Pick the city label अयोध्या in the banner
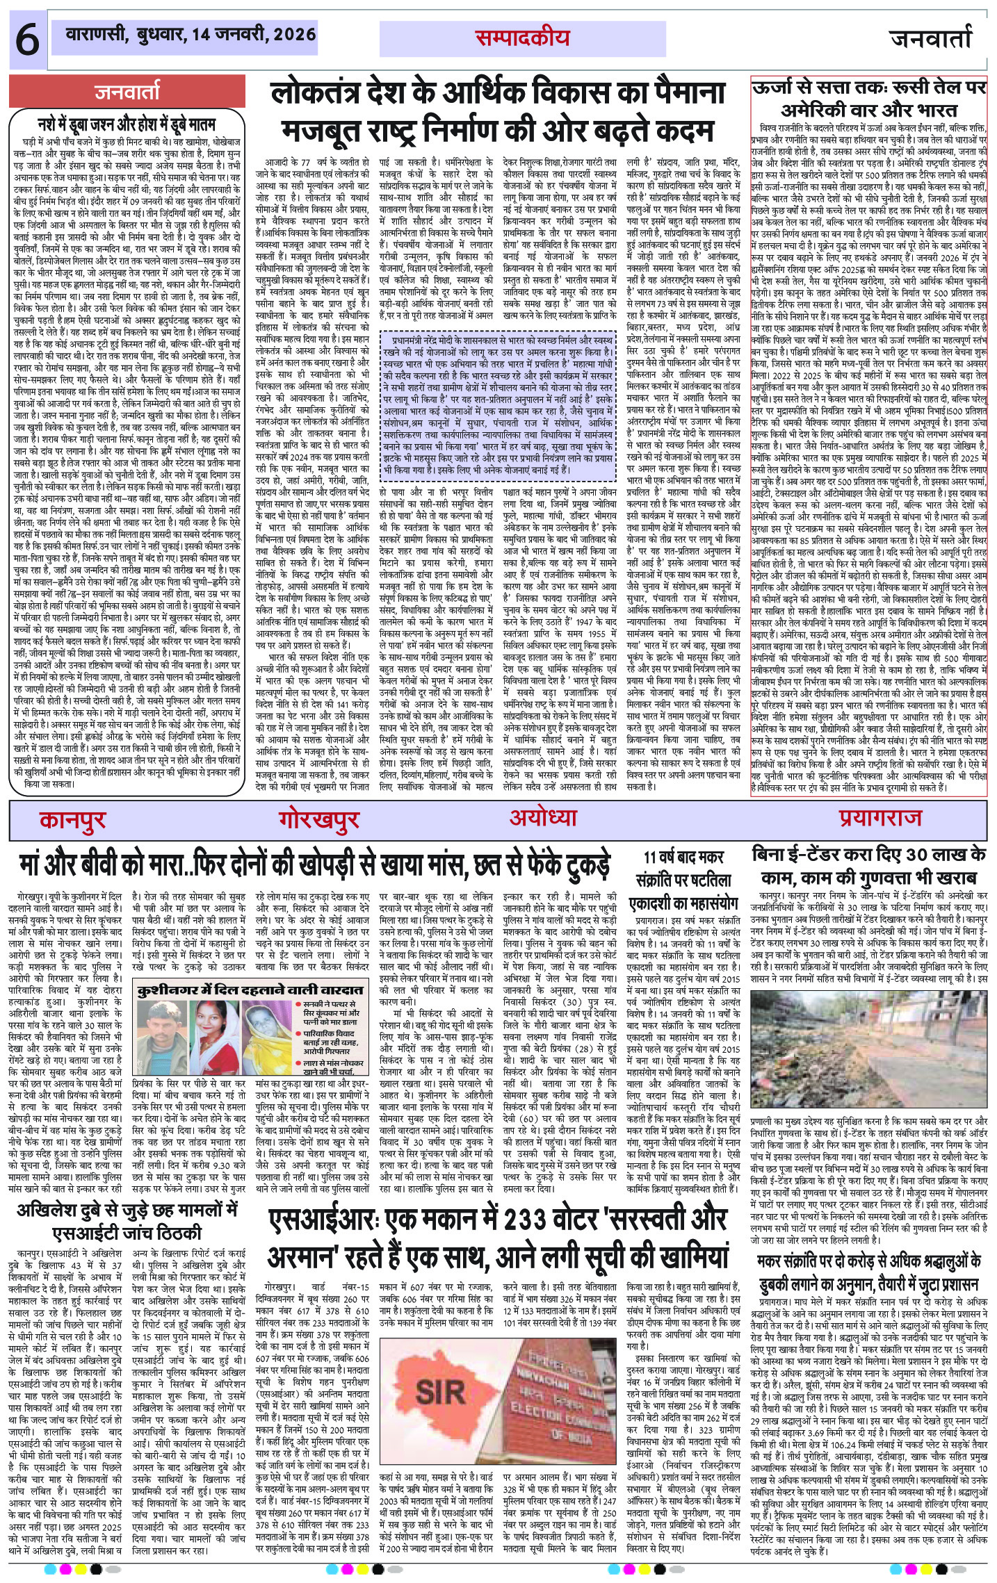(543, 817)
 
